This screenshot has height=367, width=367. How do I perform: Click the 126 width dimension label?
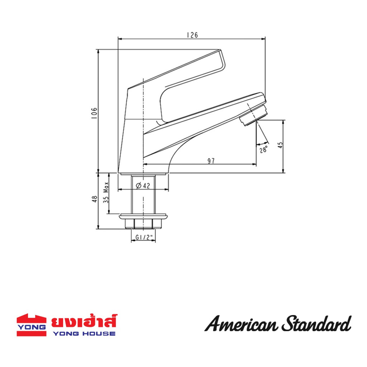192,35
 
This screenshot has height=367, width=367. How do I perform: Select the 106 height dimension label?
94,113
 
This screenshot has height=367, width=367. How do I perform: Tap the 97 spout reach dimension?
211,161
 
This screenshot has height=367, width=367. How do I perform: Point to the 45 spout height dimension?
280,145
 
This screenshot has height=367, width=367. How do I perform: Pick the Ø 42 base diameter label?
143,186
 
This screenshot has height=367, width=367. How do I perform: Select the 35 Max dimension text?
106,192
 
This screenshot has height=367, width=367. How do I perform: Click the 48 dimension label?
95,199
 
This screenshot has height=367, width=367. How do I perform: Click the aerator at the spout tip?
254,115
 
